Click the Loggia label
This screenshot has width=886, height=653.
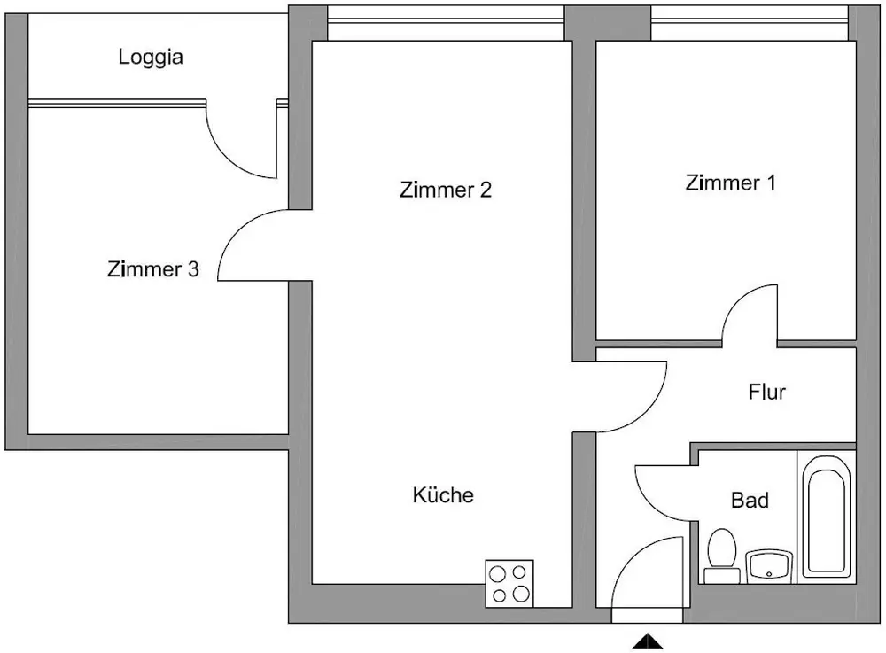coord(151,58)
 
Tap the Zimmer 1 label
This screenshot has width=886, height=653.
coord(731,183)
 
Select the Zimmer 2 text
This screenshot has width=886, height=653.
coord(446,190)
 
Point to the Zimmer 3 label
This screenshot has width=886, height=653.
coord(152,269)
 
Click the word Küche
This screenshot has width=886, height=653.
coord(443,495)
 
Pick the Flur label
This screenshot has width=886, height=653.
coord(766,392)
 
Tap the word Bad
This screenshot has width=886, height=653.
coord(750,501)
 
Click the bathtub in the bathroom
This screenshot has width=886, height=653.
coord(826,516)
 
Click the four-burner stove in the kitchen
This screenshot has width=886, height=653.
coord(509,583)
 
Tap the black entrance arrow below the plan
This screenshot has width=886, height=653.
coord(648,641)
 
